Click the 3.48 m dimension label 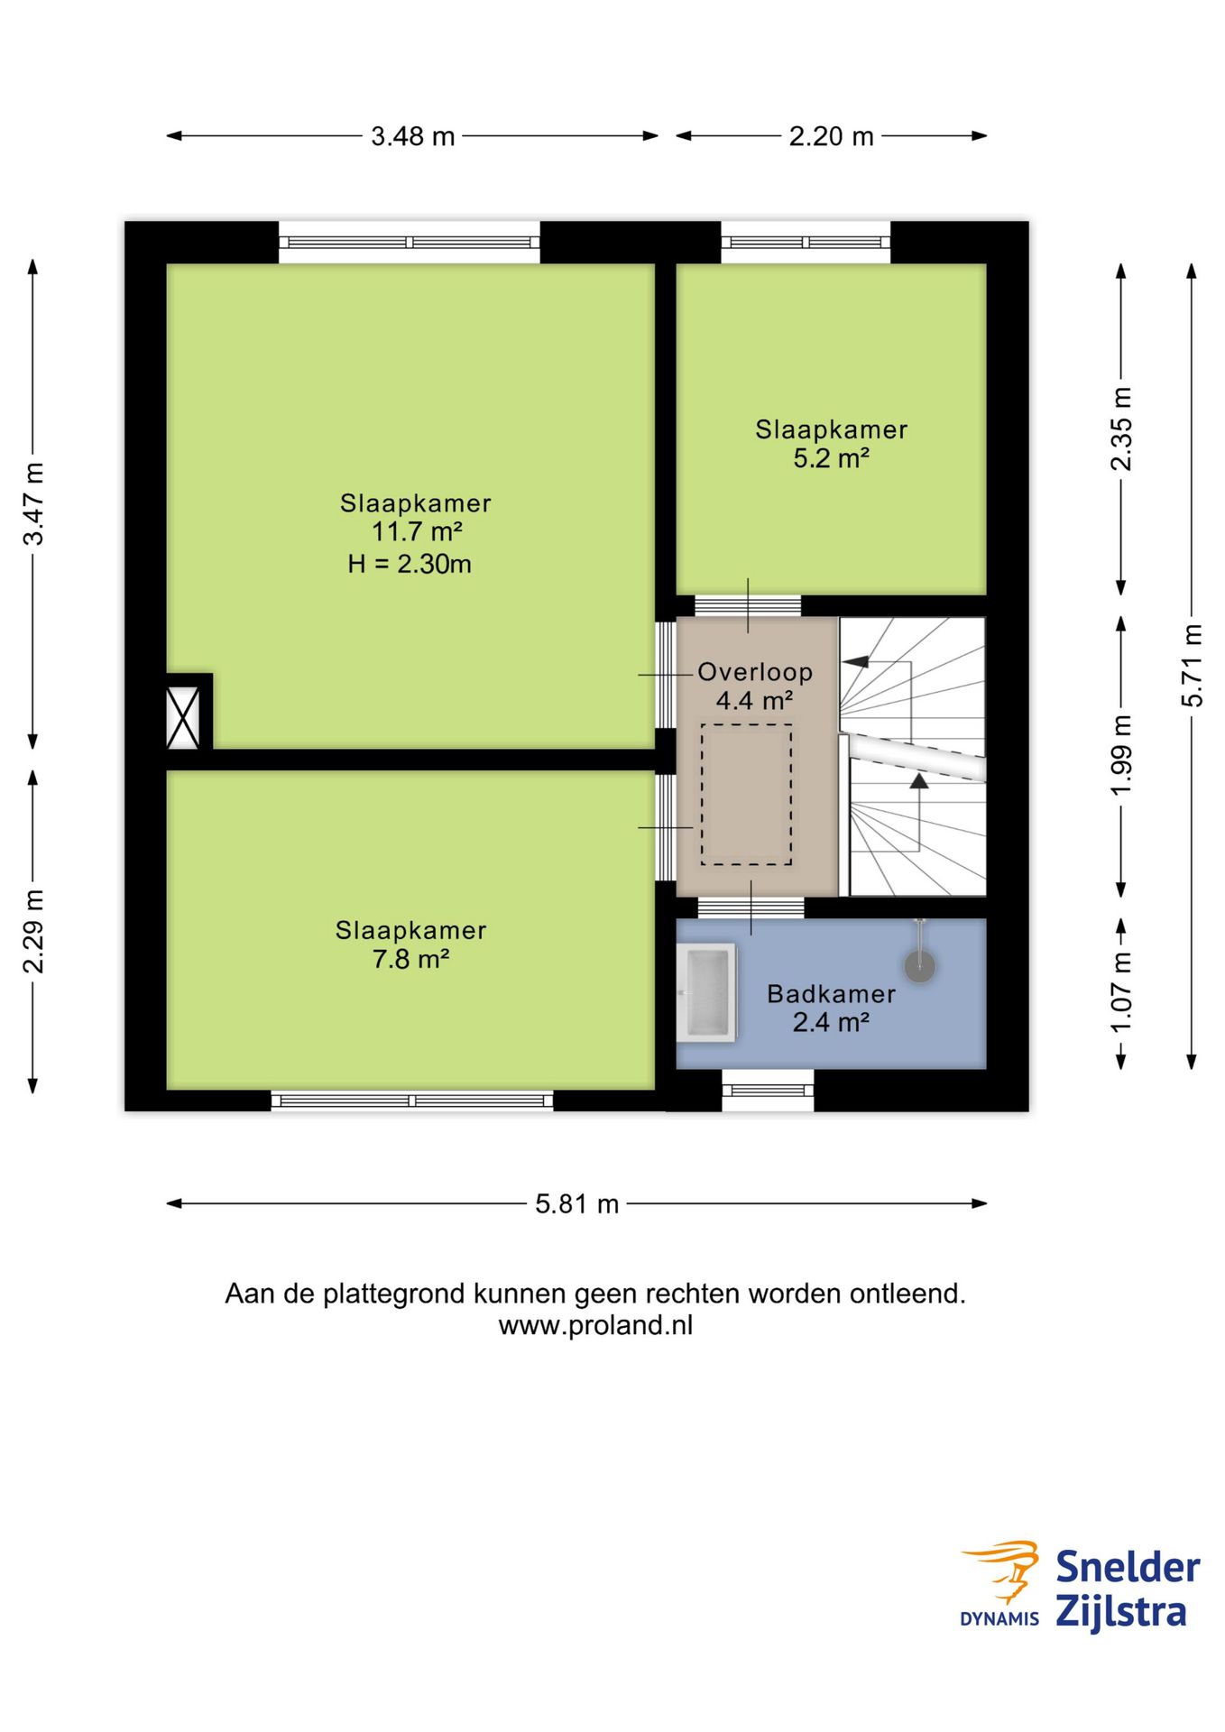[x=412, y=136]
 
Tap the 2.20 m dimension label [x=831, y=136]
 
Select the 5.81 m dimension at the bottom [x=576, y=1203]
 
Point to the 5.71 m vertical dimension [x=1192, y=666]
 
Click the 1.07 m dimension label [x=1120, y=992]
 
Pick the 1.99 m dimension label [x=1120, y=755]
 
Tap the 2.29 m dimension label [x=33, y=931]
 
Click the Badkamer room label [x=831, y=994]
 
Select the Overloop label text [x=755, y=672]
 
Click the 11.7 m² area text [x=416, y=531]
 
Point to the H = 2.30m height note [x=410, y=564]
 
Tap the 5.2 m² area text [x=831, y=458]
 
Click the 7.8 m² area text [x=410, y=959]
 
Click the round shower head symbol [x=920, y=967]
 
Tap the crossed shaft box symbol [x=183, y=717]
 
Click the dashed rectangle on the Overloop [x=747, y=795]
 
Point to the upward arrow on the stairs [x=919, y=781]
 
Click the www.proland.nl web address [x=595, y=1325]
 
